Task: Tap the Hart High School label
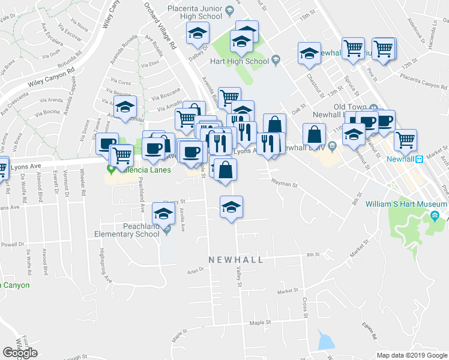click(239, 61)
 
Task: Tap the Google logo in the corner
click(20, 353)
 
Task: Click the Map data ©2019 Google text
click(412, 355)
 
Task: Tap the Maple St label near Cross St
click(261, 323)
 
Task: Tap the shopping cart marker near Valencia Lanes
click(122, 155)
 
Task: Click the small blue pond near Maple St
click(325, 342)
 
